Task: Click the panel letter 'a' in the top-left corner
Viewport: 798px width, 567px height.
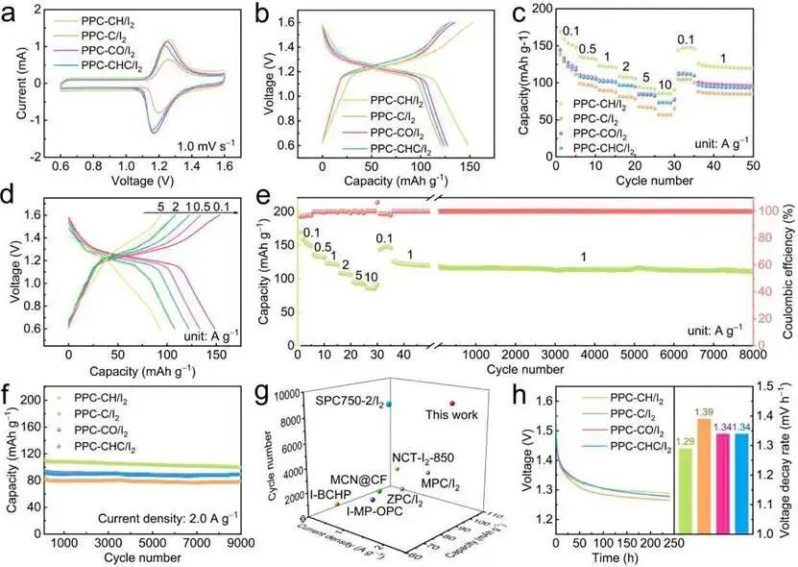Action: click(14, 13)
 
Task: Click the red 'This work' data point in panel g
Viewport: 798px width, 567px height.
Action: click(451, 404)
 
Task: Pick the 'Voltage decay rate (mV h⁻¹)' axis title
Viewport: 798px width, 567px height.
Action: click(788, 458)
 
